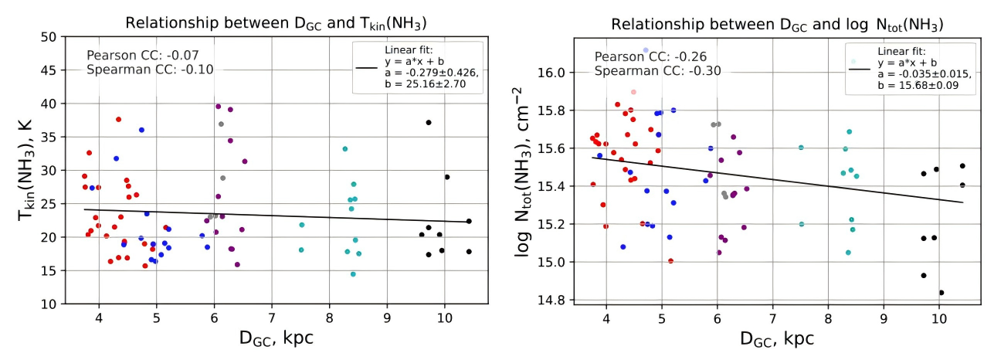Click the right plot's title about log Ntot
pyautogui.click(x=772, y=23)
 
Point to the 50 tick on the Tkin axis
pyautogui.click(x=51, y=36)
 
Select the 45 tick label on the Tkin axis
pyautogui.click(x=51, y=70)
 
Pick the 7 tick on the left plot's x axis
pyautogui.click(x=272, y=317)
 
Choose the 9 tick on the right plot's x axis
pyautogui.click(x=884, y=317)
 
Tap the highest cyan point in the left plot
pyautogui.click(x=345, y=148)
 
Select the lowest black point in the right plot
pyautogui.click(x=941, y=293)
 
